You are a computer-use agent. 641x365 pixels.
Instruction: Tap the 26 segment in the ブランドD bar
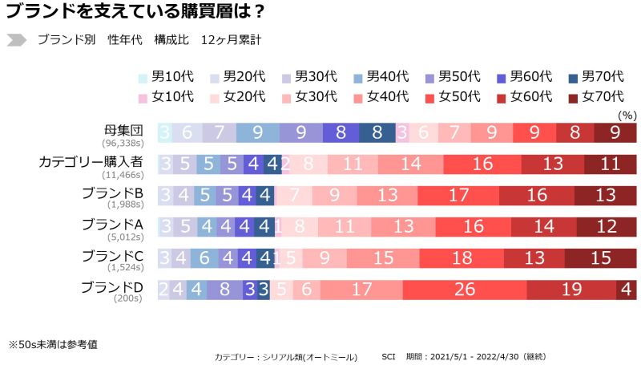coord(464,290)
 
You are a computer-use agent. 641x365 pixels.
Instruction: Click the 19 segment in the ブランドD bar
coord(570,290)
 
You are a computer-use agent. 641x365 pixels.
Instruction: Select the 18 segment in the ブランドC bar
coord(462,258)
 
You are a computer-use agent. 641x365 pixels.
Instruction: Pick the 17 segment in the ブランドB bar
coord(459,195)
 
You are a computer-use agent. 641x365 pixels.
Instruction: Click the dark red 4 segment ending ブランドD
coord(626,290)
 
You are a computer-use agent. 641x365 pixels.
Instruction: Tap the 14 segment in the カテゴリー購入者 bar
coord(410,164)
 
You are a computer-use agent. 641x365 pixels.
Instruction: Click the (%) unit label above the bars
coord(627,116)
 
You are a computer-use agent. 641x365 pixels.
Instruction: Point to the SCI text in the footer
coord(389,356)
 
